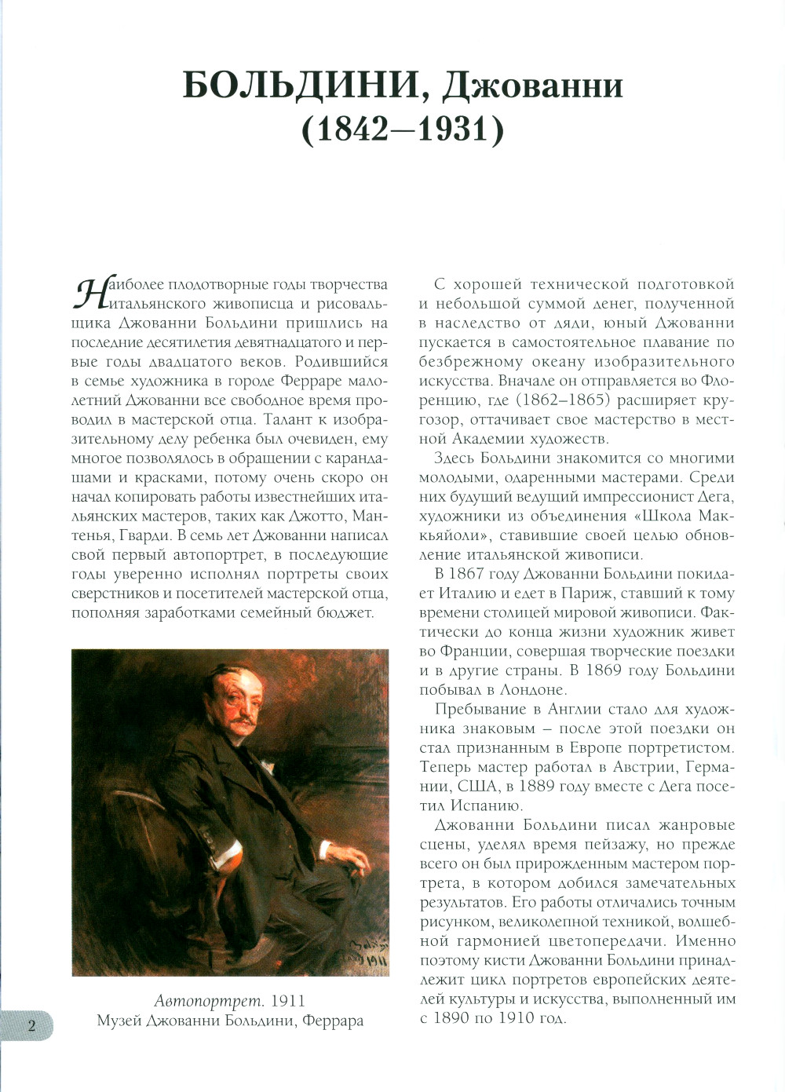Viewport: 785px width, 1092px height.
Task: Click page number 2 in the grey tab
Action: [x=31, y=1025]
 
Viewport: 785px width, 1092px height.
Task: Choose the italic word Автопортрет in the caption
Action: [x=208, y=1001]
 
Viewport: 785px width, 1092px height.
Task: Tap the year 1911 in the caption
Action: [x=287, y=1001]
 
